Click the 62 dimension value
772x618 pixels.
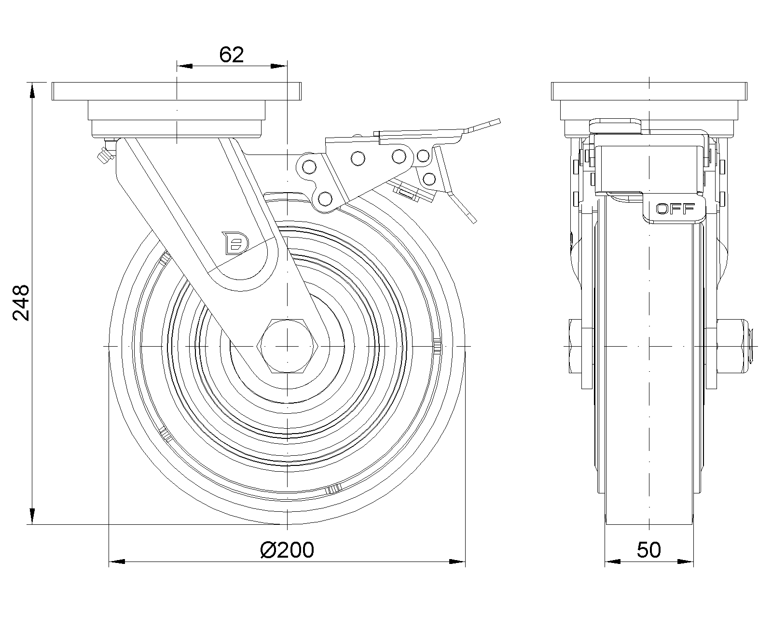[x=232, y=55]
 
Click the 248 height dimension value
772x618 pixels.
[x=21, y=303]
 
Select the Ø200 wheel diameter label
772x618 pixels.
[x=287, y=550]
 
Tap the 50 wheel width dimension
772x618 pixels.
[x=649, y=550]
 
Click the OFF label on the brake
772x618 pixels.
[x=675, y=209]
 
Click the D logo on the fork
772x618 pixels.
[x=234, y=242]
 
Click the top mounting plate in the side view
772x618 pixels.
[x=649, y=91]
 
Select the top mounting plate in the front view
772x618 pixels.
[x=177, y=91]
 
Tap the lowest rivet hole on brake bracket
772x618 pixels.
[x=325, y=198]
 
